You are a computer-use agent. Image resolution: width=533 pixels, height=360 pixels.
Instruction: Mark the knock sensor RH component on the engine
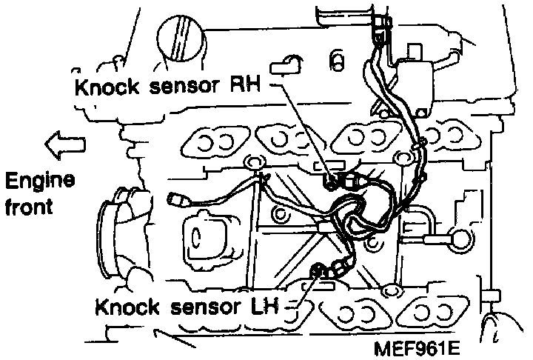[x=333, y=180]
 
